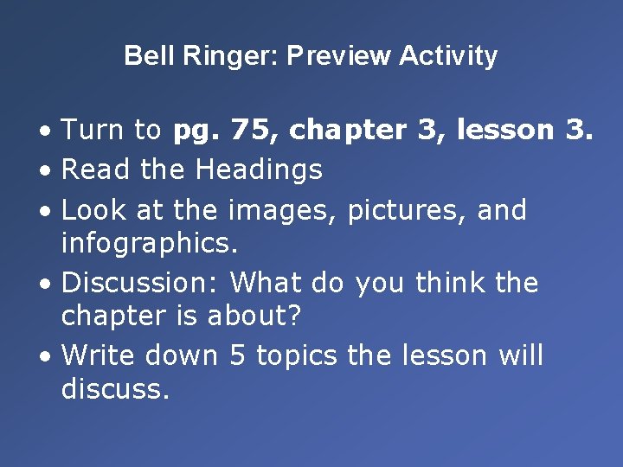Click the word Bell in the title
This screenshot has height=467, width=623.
click(x=143, y=56)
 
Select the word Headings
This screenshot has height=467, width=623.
click(x=259, y=170)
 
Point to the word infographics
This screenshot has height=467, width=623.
click(x=149, y=243)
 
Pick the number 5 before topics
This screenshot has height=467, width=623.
click(x=238, y=355)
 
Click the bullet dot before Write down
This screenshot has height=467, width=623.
click(x=46, y=356)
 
